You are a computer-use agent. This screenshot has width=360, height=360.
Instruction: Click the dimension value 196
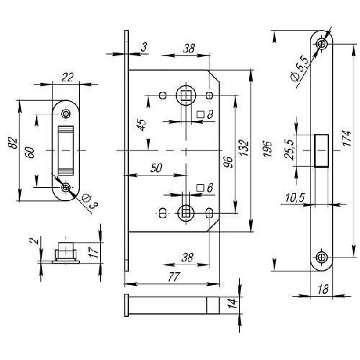[268, 148]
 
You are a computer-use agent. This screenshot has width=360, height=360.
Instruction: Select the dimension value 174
[347, 138]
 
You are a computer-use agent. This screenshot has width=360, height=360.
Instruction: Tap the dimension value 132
[244, 148]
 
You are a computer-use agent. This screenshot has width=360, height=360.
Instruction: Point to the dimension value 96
[228, 162]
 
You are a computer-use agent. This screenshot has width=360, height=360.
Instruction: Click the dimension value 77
[174, 277]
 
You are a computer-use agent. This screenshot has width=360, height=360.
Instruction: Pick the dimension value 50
[156, 168]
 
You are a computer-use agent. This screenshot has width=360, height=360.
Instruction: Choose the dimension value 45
[142, 125]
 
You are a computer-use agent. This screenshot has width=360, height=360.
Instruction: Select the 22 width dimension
[68, 78]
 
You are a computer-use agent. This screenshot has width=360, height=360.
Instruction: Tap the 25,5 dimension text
[289, 150]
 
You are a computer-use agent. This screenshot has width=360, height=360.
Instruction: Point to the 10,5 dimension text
[295, 198]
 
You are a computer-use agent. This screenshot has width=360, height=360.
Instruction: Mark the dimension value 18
[323, 289]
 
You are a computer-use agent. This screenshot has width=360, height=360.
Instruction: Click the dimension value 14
[233, 303]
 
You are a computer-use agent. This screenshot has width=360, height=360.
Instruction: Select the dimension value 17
[94, 253]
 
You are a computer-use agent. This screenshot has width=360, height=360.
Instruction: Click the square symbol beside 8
[200, 114]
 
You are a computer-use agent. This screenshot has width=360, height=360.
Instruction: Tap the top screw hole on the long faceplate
[321, 44]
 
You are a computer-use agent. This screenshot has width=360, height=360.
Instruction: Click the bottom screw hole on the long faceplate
[321, 257]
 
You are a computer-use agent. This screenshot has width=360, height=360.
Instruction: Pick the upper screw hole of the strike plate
[66, 114]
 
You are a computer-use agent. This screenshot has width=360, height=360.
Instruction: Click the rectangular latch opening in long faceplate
[321, 150]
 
